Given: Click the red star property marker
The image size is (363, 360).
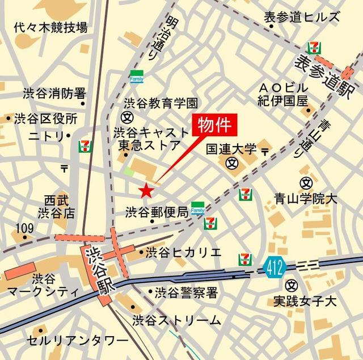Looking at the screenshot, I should point(146,189).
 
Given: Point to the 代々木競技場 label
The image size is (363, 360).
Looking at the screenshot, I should point(51,27).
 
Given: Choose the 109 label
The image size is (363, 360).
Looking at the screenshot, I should point(24,228).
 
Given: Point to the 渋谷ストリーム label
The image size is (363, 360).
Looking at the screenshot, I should point(177,319).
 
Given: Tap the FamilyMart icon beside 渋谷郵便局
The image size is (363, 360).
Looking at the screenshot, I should point(197,208).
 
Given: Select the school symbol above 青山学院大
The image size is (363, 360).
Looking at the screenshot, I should point(306,183).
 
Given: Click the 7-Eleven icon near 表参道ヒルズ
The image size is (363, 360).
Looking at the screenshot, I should point(313,48).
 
